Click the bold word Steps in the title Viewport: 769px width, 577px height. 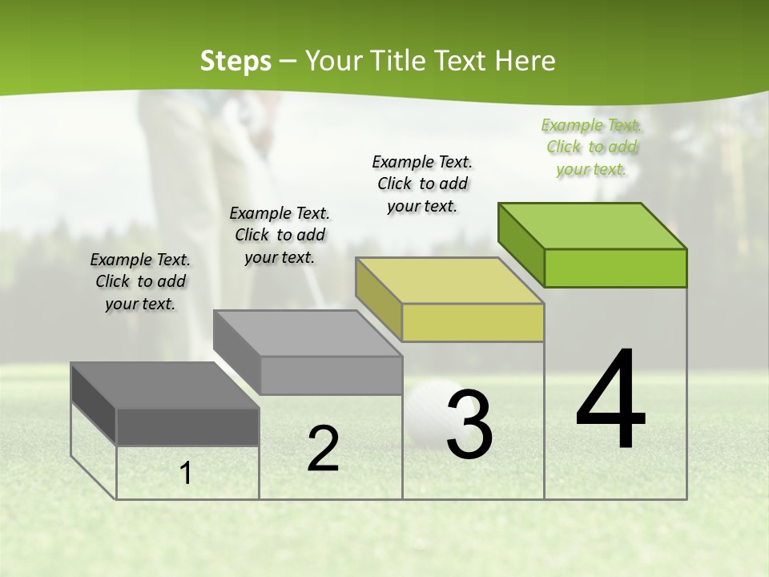236,61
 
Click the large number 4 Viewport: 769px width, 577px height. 610,401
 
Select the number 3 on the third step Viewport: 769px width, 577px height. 469,425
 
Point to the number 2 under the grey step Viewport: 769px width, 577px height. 323,449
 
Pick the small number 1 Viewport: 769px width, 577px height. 186,474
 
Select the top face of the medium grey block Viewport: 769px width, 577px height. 308,333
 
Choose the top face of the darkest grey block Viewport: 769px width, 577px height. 165,385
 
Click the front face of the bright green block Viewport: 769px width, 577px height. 615,268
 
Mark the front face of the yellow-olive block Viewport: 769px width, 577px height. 473,322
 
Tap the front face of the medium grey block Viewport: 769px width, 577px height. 331,375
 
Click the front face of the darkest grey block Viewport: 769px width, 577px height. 187,426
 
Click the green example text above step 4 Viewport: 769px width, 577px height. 591,147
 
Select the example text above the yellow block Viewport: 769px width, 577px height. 422,184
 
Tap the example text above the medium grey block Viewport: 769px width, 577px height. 280,235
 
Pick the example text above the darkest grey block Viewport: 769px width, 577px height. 140,281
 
